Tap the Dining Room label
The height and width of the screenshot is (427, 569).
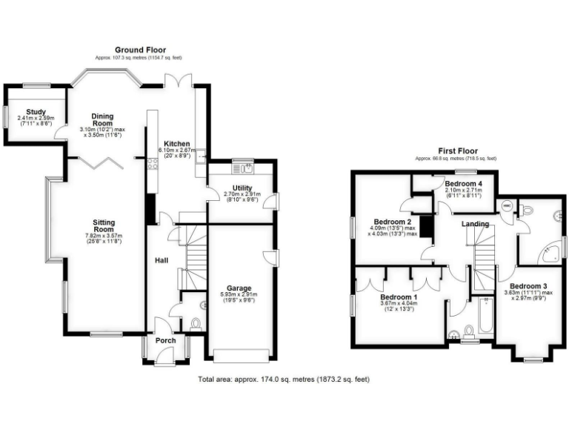(102, 120)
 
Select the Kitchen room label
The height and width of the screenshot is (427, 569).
(178, 144)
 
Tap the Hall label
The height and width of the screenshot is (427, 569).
(162, 260)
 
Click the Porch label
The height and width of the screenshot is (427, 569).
(166, 341)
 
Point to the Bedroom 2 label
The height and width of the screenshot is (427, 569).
(392, 222)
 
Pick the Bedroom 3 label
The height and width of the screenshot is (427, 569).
(528, 286)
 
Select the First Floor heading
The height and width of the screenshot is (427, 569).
(455, 150)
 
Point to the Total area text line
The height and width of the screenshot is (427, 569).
(284, 379)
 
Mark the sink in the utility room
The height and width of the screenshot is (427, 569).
(242, 161)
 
